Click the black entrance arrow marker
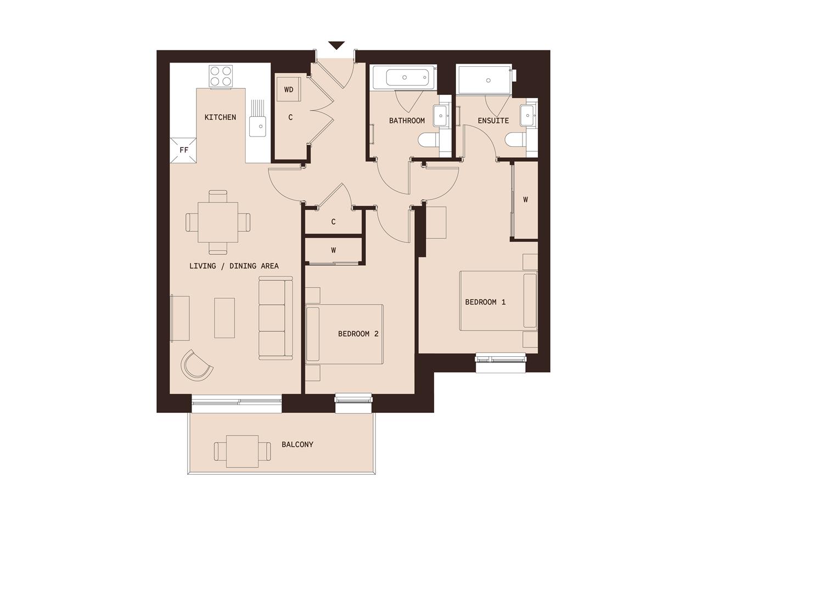(336, 45)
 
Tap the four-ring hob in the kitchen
(221, 76)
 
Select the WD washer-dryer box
(289, 89)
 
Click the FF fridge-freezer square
(184, 150)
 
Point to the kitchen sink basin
(257, 127)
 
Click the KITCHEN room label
(220, 117)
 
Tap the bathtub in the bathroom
(404, 77)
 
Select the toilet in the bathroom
(428, 141)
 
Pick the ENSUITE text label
(493, 121)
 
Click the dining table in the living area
(218, 222)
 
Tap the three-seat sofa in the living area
(275, 318)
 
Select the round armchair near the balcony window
(197, 365)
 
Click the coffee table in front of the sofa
(224, 318)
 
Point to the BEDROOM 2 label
(358, 334)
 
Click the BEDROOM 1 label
(485, 302)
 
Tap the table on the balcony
(242, 451)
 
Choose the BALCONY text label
(297, 445)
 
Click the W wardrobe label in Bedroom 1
(525, 200)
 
